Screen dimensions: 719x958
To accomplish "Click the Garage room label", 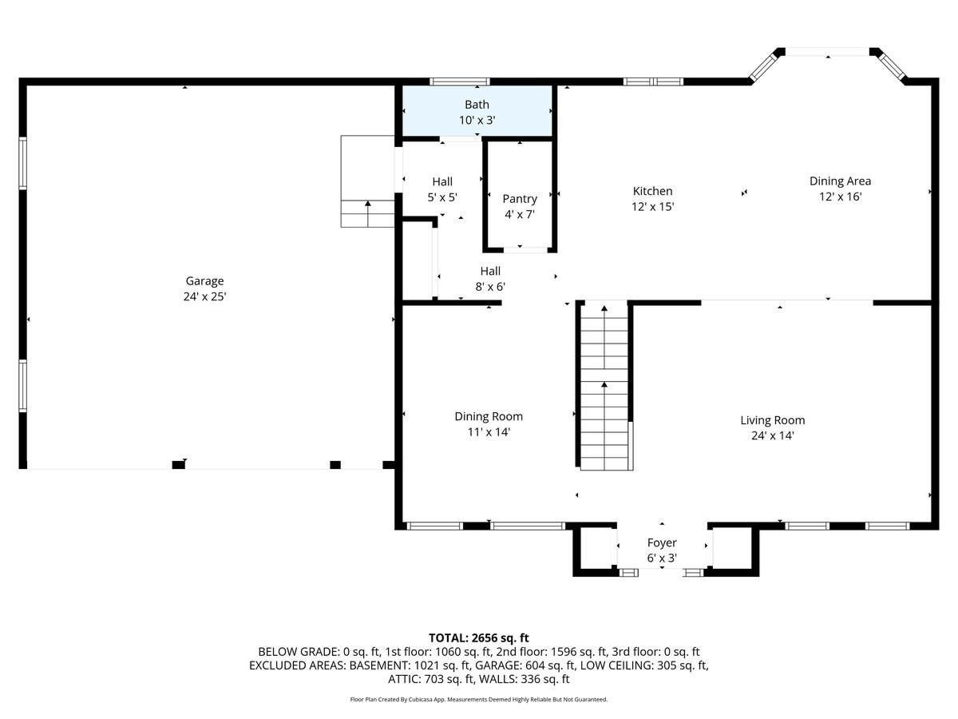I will click(204, 281).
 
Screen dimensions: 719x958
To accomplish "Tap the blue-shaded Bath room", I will click(477, 112).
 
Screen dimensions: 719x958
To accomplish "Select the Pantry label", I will click(520, 199).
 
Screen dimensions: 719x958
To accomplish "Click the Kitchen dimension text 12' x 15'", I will click(652, 206).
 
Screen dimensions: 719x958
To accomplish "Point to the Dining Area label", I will click(840, 181).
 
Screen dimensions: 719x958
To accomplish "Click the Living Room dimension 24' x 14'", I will click(772, 435).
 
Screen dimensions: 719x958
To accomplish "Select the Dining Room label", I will click(489, 416).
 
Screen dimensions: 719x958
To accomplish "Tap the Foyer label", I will click(662, 543).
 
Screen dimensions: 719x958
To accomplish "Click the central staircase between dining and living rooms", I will click(604, 387).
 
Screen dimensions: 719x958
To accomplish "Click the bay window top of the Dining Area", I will click(827, 52).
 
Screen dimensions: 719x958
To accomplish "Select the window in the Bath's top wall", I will click(459, 81).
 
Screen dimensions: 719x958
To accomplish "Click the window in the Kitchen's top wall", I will click(653, 81).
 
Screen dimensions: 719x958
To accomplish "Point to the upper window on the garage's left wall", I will click(23, 163).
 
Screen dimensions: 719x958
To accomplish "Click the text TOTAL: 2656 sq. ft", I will click(479, 638).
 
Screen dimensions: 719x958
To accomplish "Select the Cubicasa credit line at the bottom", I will click(479, 699).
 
